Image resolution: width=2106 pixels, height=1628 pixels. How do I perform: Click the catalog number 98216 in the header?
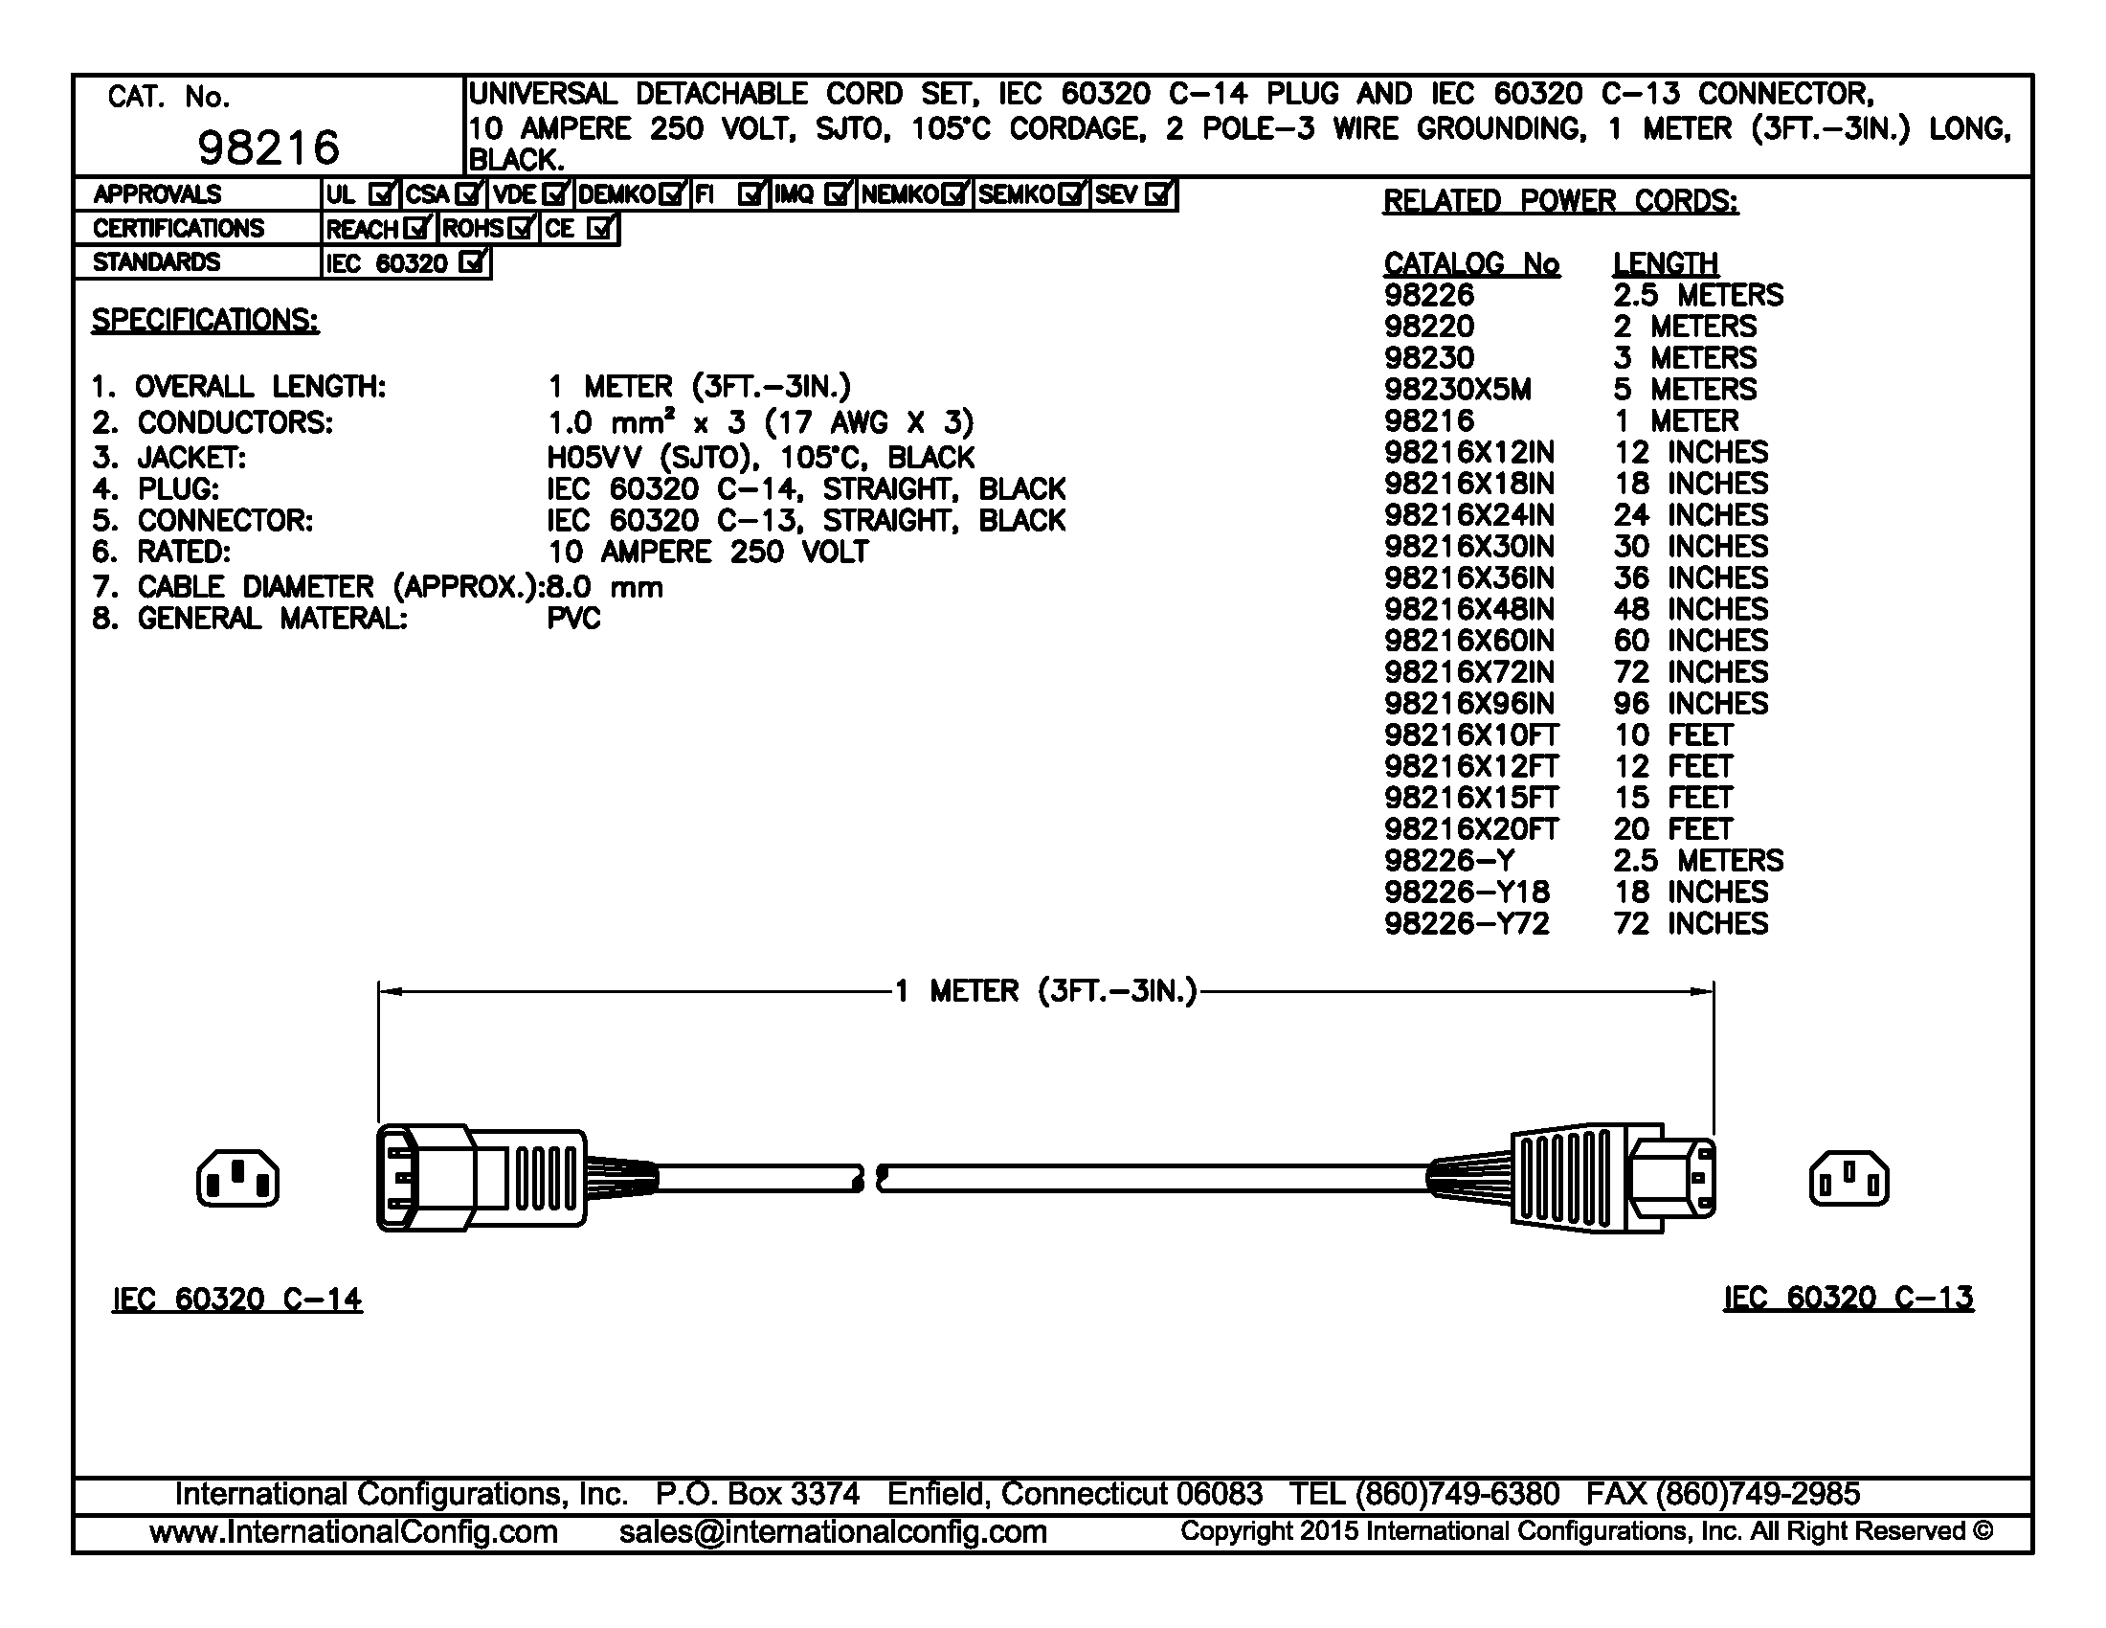(x=268, y=147)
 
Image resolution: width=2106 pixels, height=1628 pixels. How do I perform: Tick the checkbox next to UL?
(x=382, y=194)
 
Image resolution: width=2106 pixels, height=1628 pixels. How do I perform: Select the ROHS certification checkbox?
(x=521, y=229)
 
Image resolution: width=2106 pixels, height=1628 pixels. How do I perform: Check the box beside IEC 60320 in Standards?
(x=472, y=262)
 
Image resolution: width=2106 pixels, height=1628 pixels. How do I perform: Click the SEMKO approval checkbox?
(x=1070, y=194)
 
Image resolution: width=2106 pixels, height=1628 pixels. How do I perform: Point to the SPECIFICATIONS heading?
(x=205, y=320)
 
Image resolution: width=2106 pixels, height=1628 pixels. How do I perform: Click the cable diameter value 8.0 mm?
(x=605, y=586)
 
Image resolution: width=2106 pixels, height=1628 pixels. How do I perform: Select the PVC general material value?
(x=573, y=619)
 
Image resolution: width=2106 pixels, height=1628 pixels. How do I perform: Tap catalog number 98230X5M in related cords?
(x=1457, y=390)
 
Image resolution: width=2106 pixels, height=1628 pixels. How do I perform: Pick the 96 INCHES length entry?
(x=1691, y=703)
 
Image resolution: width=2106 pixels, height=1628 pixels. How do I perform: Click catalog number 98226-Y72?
(x=1466, y=923)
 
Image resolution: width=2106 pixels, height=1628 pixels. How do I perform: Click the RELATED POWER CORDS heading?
(x=1560, y=200)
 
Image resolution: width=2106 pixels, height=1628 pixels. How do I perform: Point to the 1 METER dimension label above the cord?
(x=1046, y=991)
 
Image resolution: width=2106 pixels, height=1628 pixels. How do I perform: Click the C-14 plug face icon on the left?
(x=238, y=1178)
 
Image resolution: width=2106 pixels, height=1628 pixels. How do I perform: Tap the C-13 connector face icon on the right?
(x=1848, y=1178)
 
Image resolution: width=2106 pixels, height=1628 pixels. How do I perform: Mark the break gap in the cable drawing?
(x=870, y=1178)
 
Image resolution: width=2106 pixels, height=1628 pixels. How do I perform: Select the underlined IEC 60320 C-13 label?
(x=1848, y=1299)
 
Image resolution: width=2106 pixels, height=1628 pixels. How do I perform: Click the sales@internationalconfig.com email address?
(x=832, y=1531)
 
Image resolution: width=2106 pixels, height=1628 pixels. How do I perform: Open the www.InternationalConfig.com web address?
(x=354, y=1531)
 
